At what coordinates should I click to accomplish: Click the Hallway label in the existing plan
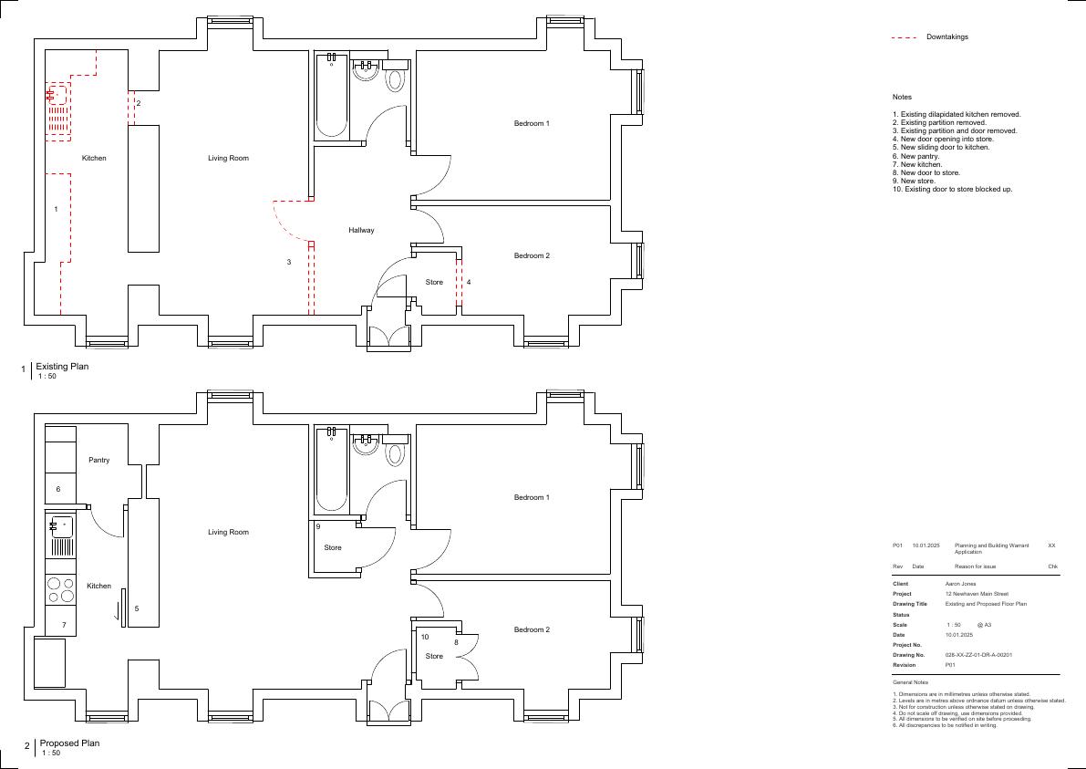click(x=361, y=230)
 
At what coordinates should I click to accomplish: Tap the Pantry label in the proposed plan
click(x=99, y=460)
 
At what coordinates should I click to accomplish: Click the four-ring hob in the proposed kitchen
click(x=60, y=589)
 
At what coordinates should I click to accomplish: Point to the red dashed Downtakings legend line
click(x=904, y=37)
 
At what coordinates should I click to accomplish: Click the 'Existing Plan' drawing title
click(x=62, y=367)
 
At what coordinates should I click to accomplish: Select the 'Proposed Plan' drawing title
click(x=69, y=743)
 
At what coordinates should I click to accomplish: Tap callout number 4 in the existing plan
click(x=469, y=282)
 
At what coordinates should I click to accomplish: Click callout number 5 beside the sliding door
click(x=137, y=608)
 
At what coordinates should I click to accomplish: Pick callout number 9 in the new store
click(x=318, y=526)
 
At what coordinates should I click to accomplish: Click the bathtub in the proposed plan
click(x=332, y=470)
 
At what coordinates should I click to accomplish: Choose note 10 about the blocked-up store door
click(x=952, y=189)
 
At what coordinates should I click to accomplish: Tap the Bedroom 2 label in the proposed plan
click(x=532, y=629)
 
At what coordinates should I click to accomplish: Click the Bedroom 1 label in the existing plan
click(x=532, y=123)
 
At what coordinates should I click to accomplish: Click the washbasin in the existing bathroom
click(x=365, y=69)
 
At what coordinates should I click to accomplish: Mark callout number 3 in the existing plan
click(x=289, y=262)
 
